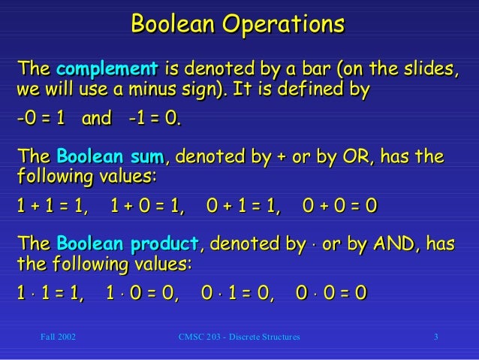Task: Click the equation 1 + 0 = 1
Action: (x=147, y=206)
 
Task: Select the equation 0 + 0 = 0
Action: (x=339, y=206)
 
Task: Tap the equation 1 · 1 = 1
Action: (x=50, y=292)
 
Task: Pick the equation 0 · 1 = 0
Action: (x=239, y=292)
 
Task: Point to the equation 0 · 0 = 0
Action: (x=331, y=292)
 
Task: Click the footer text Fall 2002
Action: (x=57, y=337)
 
